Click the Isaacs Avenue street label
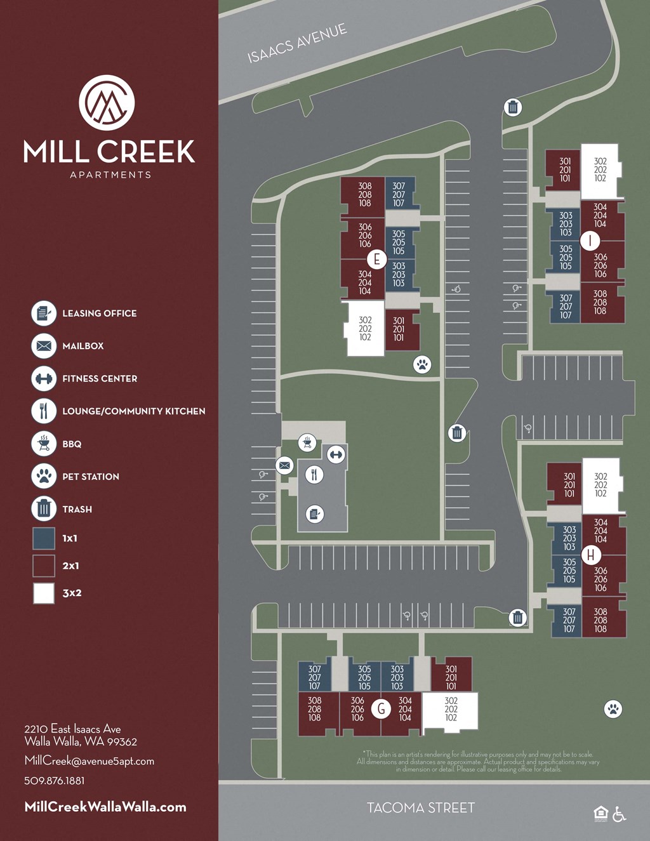click(297, 43)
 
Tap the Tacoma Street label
click(420, 808)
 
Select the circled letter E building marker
click(377, 259)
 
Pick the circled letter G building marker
click(381, 708)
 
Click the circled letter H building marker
click(591, 555)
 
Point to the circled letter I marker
click(591, 241)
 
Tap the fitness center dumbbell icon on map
click(336, 454)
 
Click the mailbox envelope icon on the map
click(284, 465)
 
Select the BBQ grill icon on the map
click(307, 442)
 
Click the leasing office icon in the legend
click(44, 313)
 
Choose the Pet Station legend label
click(91, 477)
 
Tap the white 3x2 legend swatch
click(44, 593)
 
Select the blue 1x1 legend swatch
click(44, 538)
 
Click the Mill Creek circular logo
click(107, 102)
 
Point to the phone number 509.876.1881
click(55, 781)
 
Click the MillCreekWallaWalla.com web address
click(105, 807)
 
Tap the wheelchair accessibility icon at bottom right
click(620, 814)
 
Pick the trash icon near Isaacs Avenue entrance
click(513, 107)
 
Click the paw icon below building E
click(422, 364)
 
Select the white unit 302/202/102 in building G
click(451, 710)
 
